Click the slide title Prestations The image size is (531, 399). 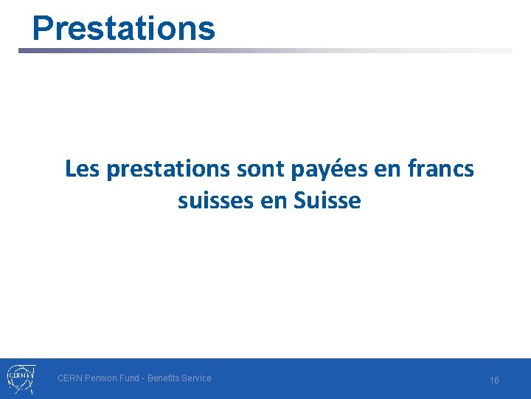tap(124, 28)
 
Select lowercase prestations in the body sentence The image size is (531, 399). tap(167, 170)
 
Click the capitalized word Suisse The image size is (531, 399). tap(327, 200)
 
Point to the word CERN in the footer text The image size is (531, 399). tap(70, 378)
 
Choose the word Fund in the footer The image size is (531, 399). tap(132, 378)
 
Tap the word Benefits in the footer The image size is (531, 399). tap(165, 378)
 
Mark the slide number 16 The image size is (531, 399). tap(494, 380)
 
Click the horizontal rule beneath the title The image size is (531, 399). tap(265, 51)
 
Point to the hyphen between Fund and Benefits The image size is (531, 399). tap(144, 378)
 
